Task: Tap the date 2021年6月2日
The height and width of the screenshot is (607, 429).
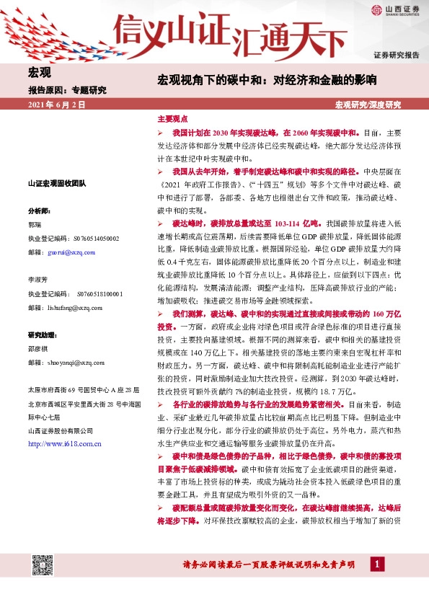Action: tap(57, 105)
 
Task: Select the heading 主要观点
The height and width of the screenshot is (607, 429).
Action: tap(172, 118)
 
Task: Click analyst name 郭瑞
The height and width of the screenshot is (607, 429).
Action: tap(35, 224)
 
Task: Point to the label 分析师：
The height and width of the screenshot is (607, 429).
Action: tap(39, 211)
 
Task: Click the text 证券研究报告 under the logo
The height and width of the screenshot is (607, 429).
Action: tap(396, 55)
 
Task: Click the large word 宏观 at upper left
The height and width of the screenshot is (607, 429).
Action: tap(39, 72)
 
